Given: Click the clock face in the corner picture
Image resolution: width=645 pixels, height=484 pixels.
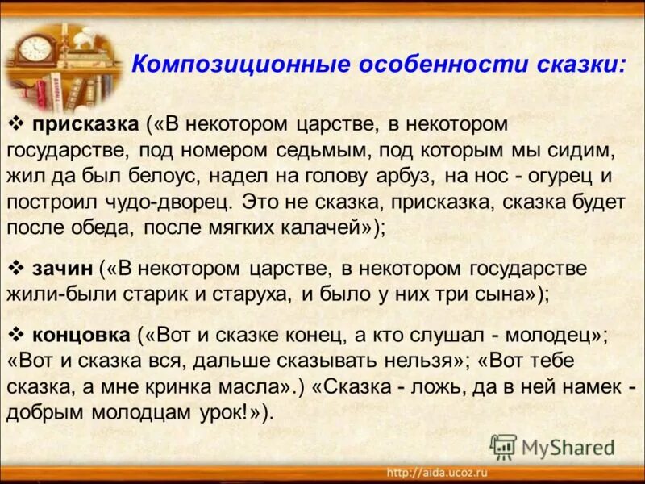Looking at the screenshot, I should tap(35, 47).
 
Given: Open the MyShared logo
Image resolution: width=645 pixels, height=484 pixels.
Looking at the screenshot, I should tap(553, 447).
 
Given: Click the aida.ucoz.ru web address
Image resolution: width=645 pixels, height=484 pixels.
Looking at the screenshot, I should tap(438, 473).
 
